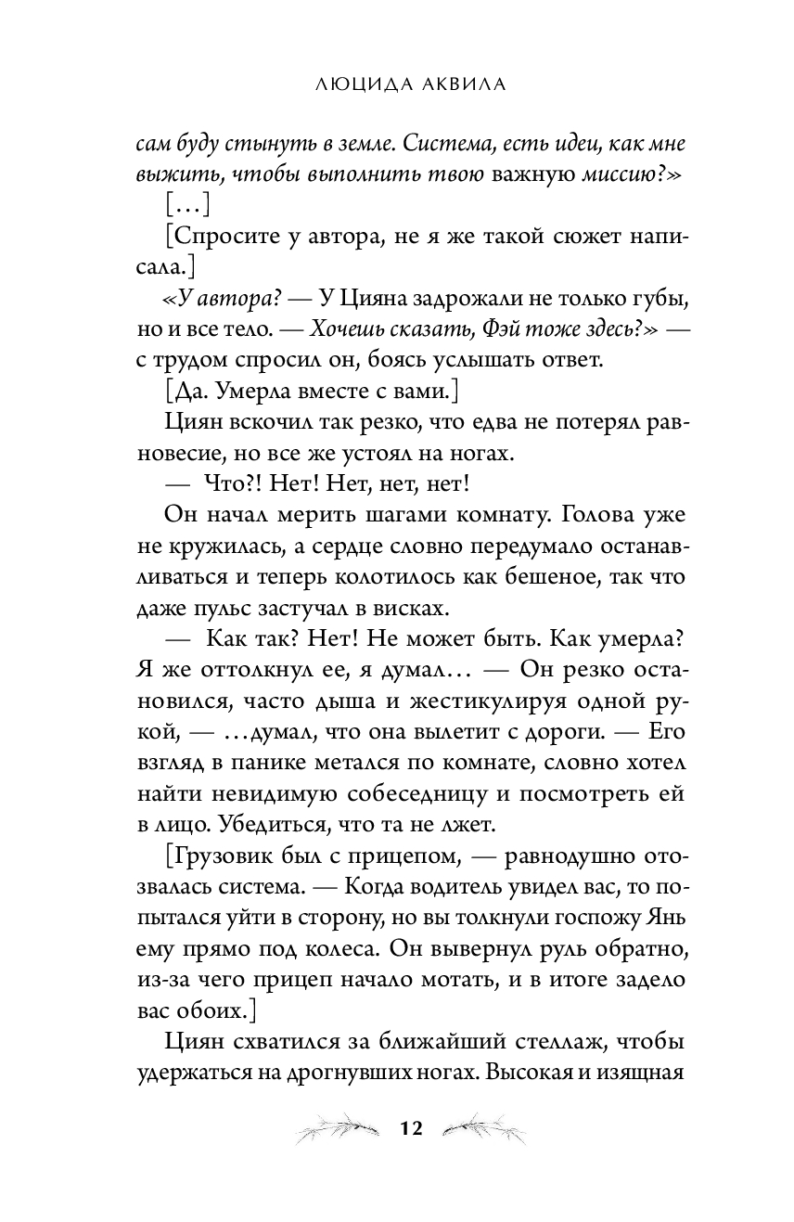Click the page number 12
tap(411, 1128)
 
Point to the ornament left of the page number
tap(334, 1128)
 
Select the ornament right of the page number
tap(486, 1127)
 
